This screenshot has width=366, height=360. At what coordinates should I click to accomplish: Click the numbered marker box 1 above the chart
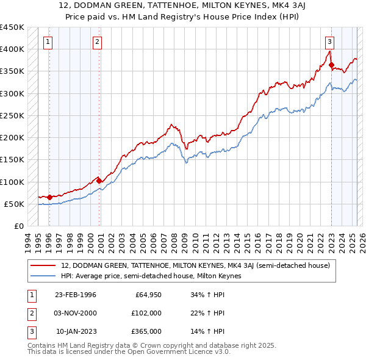48,42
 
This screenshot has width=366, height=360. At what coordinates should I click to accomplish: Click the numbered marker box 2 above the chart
97,42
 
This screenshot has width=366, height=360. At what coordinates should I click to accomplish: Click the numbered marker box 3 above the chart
329,42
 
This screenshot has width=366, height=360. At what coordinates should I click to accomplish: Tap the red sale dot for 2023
331,65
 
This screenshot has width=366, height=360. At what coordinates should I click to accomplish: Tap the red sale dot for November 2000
99,181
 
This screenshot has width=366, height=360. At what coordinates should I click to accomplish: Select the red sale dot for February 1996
49,197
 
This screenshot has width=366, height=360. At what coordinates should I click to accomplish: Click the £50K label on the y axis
14,204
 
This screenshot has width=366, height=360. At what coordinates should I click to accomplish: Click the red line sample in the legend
43,265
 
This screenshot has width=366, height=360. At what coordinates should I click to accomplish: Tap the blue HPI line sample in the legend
43,276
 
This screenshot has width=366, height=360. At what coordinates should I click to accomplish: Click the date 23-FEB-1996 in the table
75,295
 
